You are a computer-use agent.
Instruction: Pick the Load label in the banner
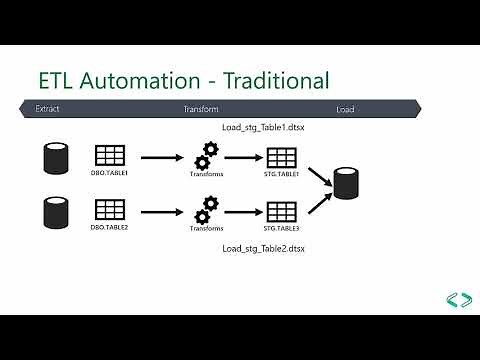(344, 109)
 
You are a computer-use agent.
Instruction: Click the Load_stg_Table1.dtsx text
(263, 129)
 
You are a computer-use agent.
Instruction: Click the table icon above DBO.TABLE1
(109, 156)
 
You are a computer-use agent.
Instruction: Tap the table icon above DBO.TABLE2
(109, 210)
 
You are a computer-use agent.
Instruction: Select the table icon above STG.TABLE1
(281, 157)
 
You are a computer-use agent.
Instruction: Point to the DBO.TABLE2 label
(109, 228)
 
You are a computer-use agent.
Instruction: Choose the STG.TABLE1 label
(281, 174)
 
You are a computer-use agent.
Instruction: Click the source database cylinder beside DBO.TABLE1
(54, 158)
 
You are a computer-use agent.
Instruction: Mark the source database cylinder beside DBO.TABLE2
(54, 212)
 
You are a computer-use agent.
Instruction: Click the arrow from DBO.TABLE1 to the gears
(160, 157)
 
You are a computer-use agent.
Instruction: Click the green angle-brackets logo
(459, 298)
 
